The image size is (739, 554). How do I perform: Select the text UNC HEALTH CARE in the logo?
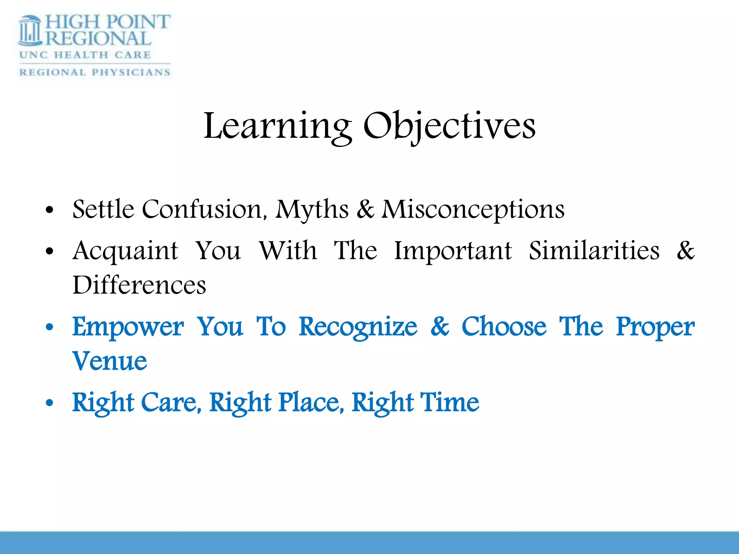click(85, 55)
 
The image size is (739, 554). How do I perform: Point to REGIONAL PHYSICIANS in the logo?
click(95, 72)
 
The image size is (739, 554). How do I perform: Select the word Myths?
click(312, 210)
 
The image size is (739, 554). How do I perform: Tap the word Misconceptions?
click(473, 210)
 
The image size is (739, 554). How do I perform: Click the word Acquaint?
click(125, 251)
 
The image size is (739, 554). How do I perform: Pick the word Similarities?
click(594, 250)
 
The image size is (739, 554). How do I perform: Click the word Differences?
click(139, 285)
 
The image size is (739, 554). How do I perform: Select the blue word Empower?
click(128, 327)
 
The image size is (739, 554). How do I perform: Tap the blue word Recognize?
click(358, 327)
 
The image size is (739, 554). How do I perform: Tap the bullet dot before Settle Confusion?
click(50, 210)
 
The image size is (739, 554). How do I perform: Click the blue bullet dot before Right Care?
click(50, 403)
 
